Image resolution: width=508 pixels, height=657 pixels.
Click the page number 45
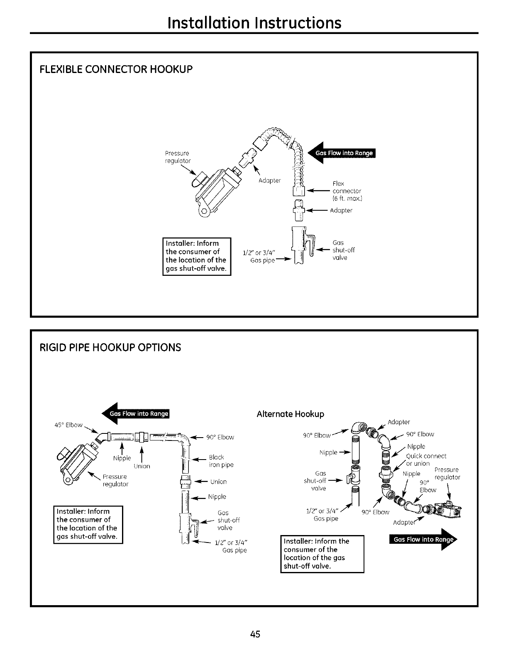255,634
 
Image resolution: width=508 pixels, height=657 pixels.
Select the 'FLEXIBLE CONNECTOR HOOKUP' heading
116,69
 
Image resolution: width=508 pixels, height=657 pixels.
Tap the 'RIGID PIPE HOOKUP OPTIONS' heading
110,347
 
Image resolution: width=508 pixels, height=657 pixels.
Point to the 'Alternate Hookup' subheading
290,414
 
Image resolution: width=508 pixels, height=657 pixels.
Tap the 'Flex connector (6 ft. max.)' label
347,191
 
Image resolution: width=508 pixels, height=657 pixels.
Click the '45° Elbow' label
68,425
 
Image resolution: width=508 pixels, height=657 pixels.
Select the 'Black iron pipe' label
221,461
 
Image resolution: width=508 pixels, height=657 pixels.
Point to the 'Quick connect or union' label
425,460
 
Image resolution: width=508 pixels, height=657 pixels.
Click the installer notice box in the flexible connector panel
196,256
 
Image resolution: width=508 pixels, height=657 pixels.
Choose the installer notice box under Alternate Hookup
322,553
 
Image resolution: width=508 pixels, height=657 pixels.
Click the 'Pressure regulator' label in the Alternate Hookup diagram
447,473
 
